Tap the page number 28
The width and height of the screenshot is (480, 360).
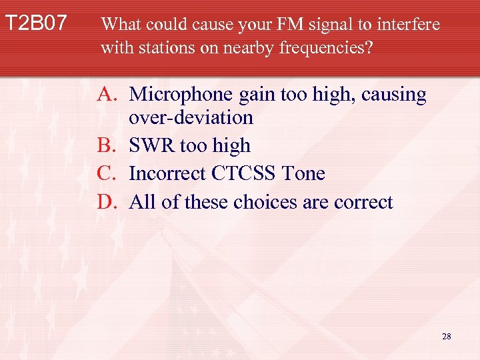[x=446, y=337]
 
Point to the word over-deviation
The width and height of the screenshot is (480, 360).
[x=191, y=117]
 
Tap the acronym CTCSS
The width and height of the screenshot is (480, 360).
[x=246, y=173]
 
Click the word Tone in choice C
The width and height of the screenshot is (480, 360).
[x=303, y=173]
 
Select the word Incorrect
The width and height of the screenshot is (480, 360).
[x=168, y=173]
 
